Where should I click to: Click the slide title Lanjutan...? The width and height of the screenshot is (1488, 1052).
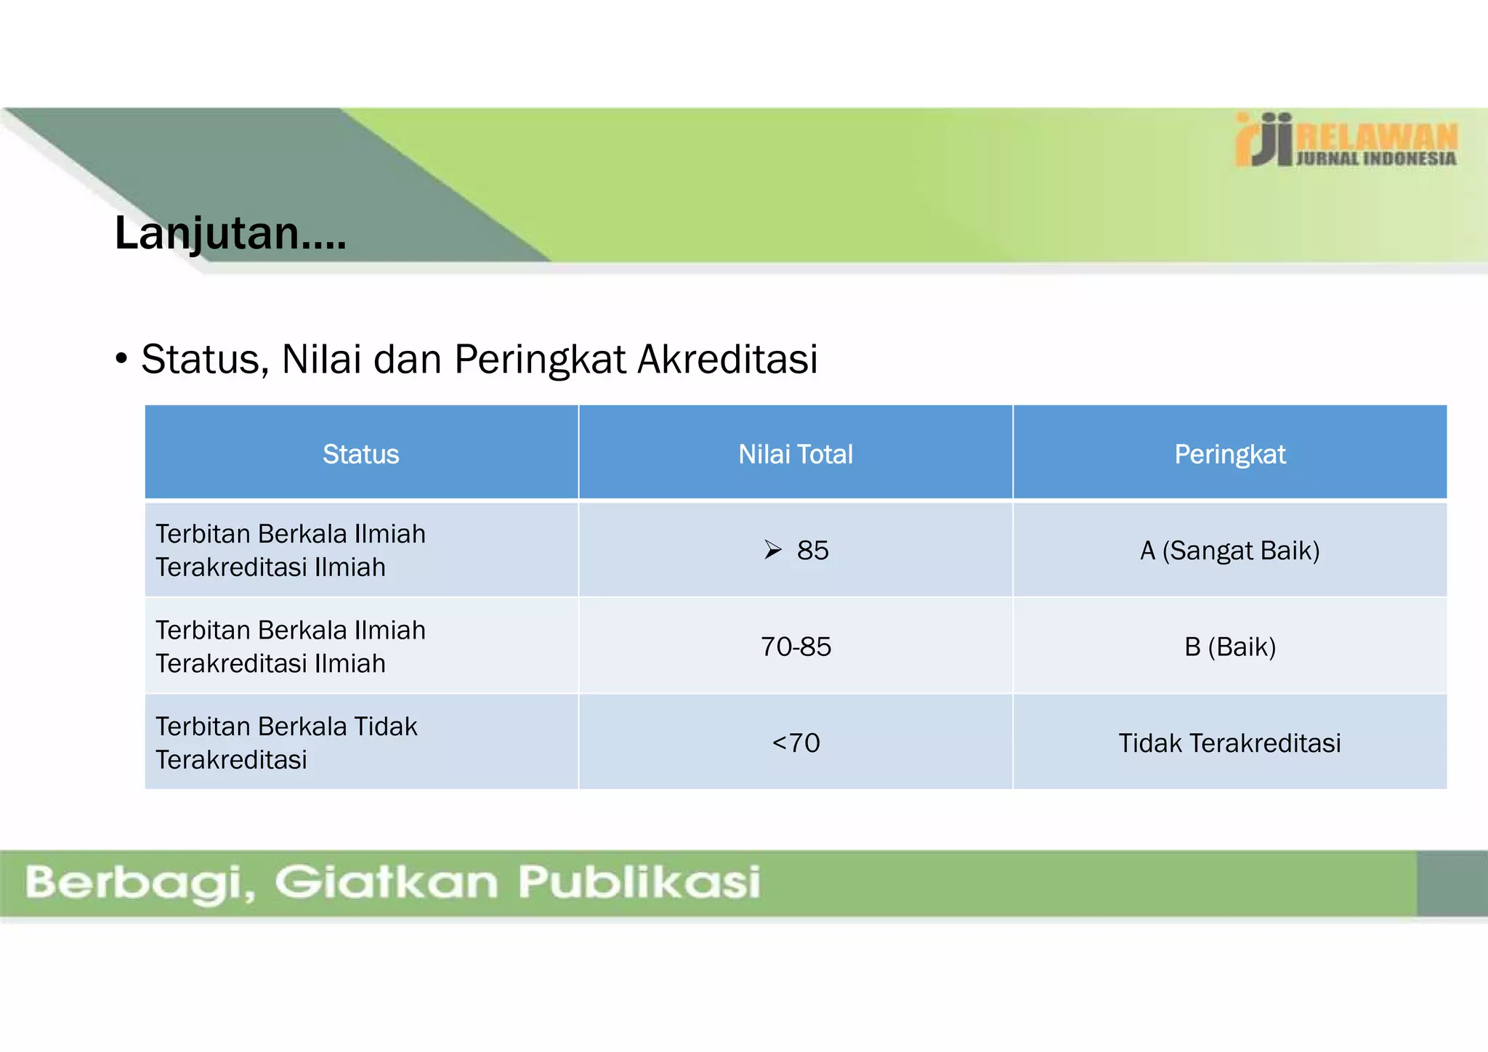tap(230, 234)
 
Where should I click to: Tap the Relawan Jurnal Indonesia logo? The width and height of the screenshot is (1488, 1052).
tap(1346, 140)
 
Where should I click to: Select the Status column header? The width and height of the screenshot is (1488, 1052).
tap(361, 454)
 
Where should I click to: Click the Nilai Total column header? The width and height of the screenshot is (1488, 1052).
tap(796, 454)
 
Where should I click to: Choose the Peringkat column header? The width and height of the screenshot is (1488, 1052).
tap(1230, 454)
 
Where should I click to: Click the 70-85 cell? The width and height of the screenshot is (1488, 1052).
tap(796, 647)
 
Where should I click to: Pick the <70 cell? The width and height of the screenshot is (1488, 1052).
tap(796, 743)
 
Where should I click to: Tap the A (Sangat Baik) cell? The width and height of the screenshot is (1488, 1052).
tap(1230, 551)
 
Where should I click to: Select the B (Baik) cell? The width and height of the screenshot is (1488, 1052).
tap(1230, 647)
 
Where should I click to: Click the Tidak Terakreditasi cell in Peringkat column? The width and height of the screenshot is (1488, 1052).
tap(1230, 743)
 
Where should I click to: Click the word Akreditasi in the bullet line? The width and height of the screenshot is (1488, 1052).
tap(727, 359)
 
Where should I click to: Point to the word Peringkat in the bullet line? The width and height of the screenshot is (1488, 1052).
tap(540, 359)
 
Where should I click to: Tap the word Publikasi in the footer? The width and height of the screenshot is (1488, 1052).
tap(639, 882)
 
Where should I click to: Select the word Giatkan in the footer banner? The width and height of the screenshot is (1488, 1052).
tap(386, 882)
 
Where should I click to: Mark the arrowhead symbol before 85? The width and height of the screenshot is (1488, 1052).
tap(773, 550)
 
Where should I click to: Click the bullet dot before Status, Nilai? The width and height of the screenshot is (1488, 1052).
tap(121, 359)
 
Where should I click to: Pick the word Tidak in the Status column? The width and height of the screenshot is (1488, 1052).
tap(385, 727)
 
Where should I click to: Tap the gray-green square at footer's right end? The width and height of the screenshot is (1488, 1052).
tap(1452, 883)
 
